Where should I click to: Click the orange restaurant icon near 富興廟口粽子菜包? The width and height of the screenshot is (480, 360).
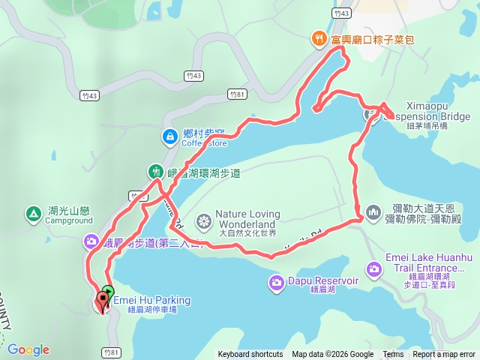(x=319, y=38)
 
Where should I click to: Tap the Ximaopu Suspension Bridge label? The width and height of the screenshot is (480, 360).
(x=427, y=111)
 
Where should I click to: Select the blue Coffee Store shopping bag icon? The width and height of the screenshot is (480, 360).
(x=170, y=136)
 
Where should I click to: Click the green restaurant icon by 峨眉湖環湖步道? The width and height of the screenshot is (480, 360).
(x=155, y=172)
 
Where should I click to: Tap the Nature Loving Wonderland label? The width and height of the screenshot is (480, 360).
(x=247, y=219)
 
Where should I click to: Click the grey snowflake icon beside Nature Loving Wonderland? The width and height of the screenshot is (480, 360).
(x=203, y=221)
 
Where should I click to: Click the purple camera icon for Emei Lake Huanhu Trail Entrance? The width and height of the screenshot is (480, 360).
(x=373, y=268)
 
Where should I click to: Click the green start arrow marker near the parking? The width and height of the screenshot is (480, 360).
(x=108, y=292)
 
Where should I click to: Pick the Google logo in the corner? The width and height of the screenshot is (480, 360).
(x=28, y=349)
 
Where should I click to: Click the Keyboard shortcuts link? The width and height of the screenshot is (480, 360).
(x=250, y=355)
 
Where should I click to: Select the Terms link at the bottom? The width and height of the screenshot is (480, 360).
(x=393, y=355)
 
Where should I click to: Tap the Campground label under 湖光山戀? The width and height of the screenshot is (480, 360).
(x=68, y=221)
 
